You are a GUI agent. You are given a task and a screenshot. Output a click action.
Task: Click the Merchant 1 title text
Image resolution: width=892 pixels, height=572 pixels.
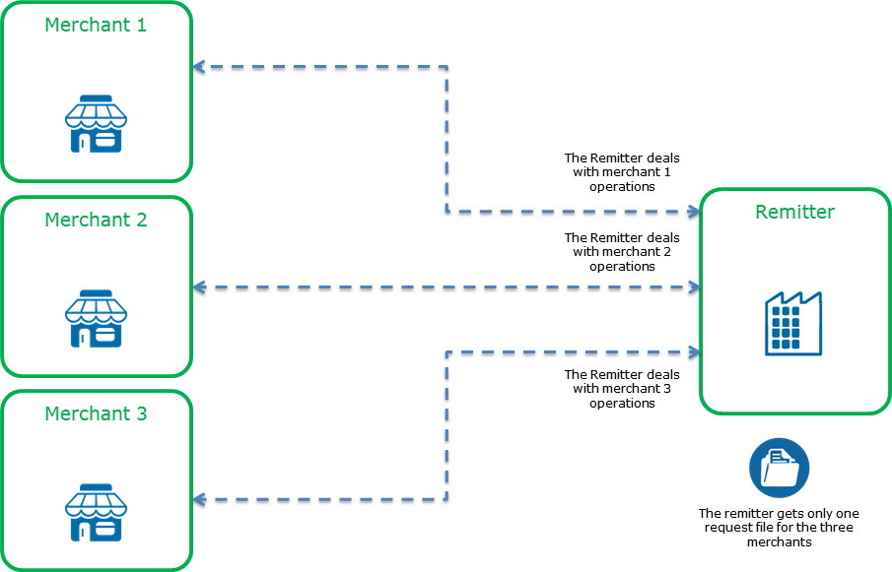click(x=96, y=26)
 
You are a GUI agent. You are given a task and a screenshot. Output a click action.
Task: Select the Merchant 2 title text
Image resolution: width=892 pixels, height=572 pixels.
click(x=96, y=221)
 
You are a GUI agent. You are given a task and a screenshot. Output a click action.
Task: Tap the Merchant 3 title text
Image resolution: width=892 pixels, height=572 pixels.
click(x=96, y=414)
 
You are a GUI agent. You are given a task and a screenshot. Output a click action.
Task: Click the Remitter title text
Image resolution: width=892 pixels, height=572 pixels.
click(x=794, y=212)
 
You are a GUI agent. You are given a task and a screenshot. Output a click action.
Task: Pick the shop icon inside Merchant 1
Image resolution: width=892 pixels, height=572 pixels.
click(x=96, y=124)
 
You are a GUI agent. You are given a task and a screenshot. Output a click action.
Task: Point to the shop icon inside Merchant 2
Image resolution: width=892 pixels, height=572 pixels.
click(x=96, y=319)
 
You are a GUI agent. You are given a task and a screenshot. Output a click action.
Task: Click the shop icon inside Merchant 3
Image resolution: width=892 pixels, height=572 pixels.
click(x=96, y=513)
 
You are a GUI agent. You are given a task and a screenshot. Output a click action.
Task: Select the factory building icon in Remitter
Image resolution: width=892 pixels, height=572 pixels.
click(x=793, y=324)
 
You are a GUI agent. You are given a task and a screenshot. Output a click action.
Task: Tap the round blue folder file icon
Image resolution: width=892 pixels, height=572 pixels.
click(x=779, y=468)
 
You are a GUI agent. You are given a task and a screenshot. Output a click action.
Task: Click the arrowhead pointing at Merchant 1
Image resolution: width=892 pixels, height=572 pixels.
click(x=198, y=67)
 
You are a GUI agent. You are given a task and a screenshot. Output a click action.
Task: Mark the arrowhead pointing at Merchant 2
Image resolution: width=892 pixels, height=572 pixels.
click(x=198, y=287)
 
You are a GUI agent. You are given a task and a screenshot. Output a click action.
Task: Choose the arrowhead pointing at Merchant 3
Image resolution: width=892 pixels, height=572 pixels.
click(x=198, y=499)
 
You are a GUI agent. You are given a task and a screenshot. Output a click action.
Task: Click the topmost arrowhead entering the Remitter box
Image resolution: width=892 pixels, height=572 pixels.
click(x=694, y=211)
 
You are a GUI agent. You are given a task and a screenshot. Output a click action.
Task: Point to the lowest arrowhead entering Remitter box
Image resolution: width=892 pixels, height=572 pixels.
click(x=694, y=350)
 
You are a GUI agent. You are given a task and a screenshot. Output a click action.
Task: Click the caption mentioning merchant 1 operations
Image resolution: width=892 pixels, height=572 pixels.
click(x=622, y=171)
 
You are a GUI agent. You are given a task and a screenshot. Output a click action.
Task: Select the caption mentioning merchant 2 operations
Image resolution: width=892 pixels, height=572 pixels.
click(x=622, y=252)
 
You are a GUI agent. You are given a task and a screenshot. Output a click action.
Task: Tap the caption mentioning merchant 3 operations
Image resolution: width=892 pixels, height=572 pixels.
click(x=622, y=389)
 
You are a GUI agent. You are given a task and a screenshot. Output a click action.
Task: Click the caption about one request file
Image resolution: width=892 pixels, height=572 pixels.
click(x=778, y=528)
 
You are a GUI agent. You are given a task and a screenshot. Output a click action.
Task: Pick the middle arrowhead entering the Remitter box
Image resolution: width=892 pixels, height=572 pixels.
click(x=694, y=287)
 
